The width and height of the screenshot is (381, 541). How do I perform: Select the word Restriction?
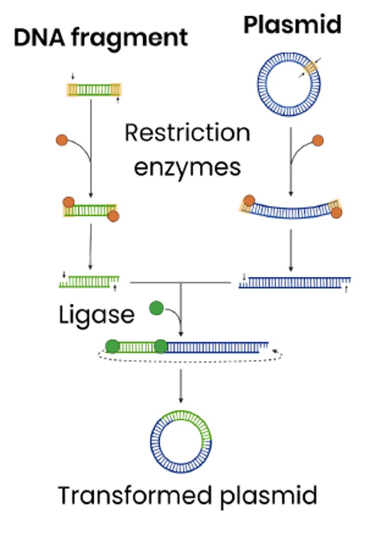tap(187, 133)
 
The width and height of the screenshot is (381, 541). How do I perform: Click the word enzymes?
tap(187, 167)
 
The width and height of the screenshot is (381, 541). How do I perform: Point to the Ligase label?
tap(96, 315)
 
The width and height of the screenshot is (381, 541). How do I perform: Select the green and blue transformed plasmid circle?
tap(181, 441)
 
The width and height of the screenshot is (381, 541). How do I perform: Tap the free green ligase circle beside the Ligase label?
tap(156, 309)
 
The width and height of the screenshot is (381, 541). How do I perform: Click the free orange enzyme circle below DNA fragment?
tap(62, 140)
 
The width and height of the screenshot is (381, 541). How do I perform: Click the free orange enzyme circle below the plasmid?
tap(318, 140)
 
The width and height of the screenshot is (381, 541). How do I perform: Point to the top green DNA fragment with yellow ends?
tap(94, 90)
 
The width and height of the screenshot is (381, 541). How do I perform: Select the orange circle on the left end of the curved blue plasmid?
tap(248, 201)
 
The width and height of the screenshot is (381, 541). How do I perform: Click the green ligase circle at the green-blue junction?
tap(161, 347)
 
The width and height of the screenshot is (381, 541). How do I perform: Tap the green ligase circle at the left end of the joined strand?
tap(112, 346)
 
